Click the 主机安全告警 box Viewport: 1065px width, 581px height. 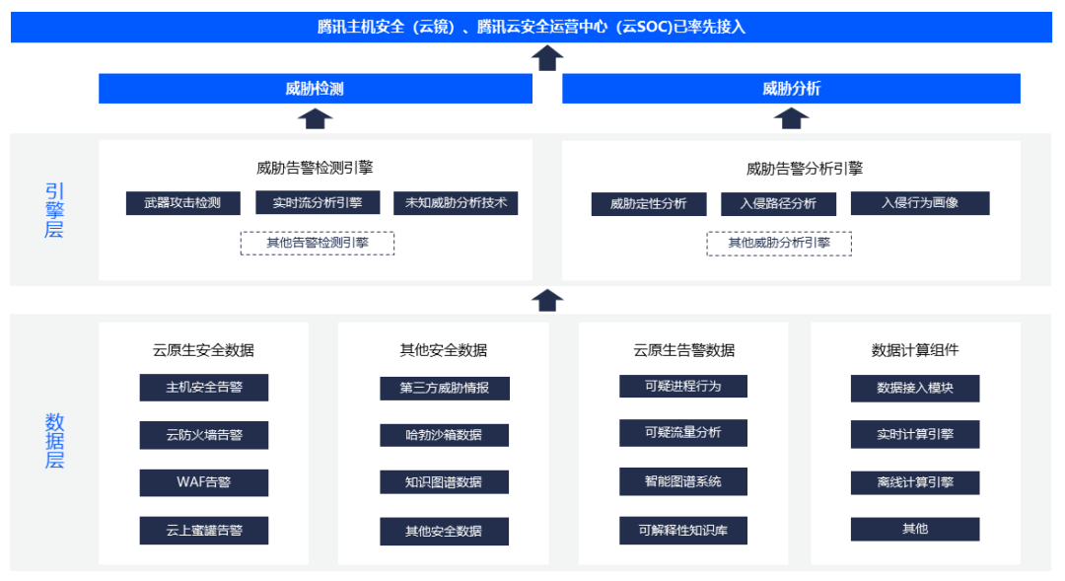click(x=204, y=387)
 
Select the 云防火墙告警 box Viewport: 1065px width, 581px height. click(x=204, y=434)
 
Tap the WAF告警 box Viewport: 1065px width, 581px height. click(x=204, y=482)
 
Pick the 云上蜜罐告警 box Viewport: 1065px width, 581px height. click(x=204, y=530)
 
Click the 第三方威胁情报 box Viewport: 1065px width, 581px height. click(x=444, y=388)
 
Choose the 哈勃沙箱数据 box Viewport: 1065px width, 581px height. click(x=444, y=435)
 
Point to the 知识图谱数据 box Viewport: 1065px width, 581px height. click(x=444, y=482)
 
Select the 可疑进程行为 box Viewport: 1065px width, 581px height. click(x=683, y=386)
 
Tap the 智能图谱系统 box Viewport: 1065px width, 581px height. click(x=683, y=481)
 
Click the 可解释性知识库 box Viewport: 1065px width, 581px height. click(x=683, y=530)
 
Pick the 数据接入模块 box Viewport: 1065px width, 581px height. click(x=915, y=388)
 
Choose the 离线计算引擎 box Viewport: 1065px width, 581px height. click(x=915, y=482)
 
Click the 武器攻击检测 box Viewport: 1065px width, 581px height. click(x=183, y=203)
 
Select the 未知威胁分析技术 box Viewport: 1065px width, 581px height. click(x=456, y=203)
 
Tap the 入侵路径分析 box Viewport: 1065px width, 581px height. click(x=778, y=204)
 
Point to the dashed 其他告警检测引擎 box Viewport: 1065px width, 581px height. click(x=318, y=243)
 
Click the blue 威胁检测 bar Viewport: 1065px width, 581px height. click(x=315, y=89)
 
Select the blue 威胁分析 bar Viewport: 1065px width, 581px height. click(x=791, y=89)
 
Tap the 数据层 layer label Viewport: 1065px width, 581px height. click(x=54, y=441)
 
